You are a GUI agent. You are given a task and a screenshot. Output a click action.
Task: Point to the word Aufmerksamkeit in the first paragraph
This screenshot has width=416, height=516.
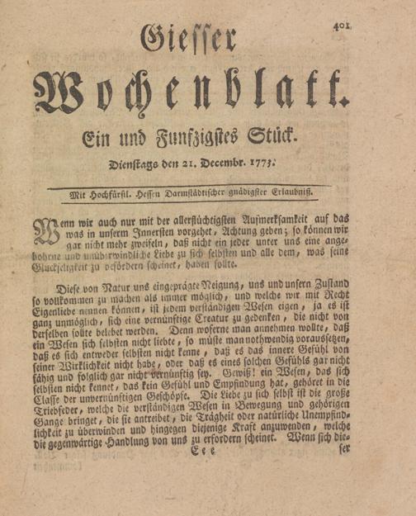pyautogui.click(x=266, y=220)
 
